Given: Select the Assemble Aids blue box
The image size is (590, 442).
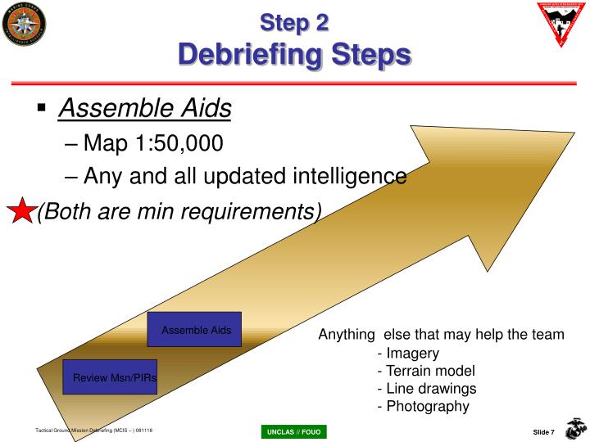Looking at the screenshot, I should pyautogui.click(x=195, y=330).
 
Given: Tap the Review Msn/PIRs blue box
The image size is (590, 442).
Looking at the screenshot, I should pyautogui.click(x=110, y=377).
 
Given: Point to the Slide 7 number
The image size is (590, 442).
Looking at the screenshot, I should pyautogui.click(x=543, y=431).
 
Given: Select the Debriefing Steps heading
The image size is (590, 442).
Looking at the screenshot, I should pyautogui.click(x=294, y=55).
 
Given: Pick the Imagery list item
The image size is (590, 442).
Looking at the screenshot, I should pyautogui.click(x=408, y=354).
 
